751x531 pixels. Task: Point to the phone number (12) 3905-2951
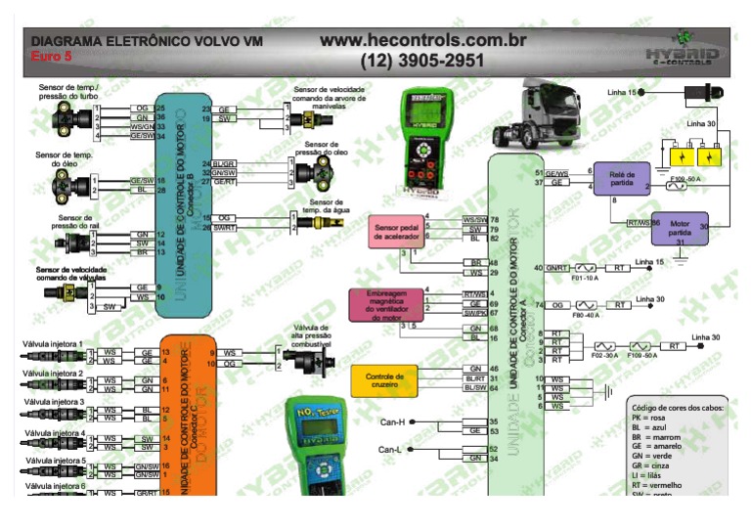tap(422, 61)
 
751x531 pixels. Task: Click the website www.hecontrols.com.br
tap(422, 40)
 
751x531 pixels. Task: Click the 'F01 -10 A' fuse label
tap(586, 278)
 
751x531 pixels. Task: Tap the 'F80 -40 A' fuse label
tap(586, 316)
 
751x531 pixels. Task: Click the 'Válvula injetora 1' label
tap(54, 345)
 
